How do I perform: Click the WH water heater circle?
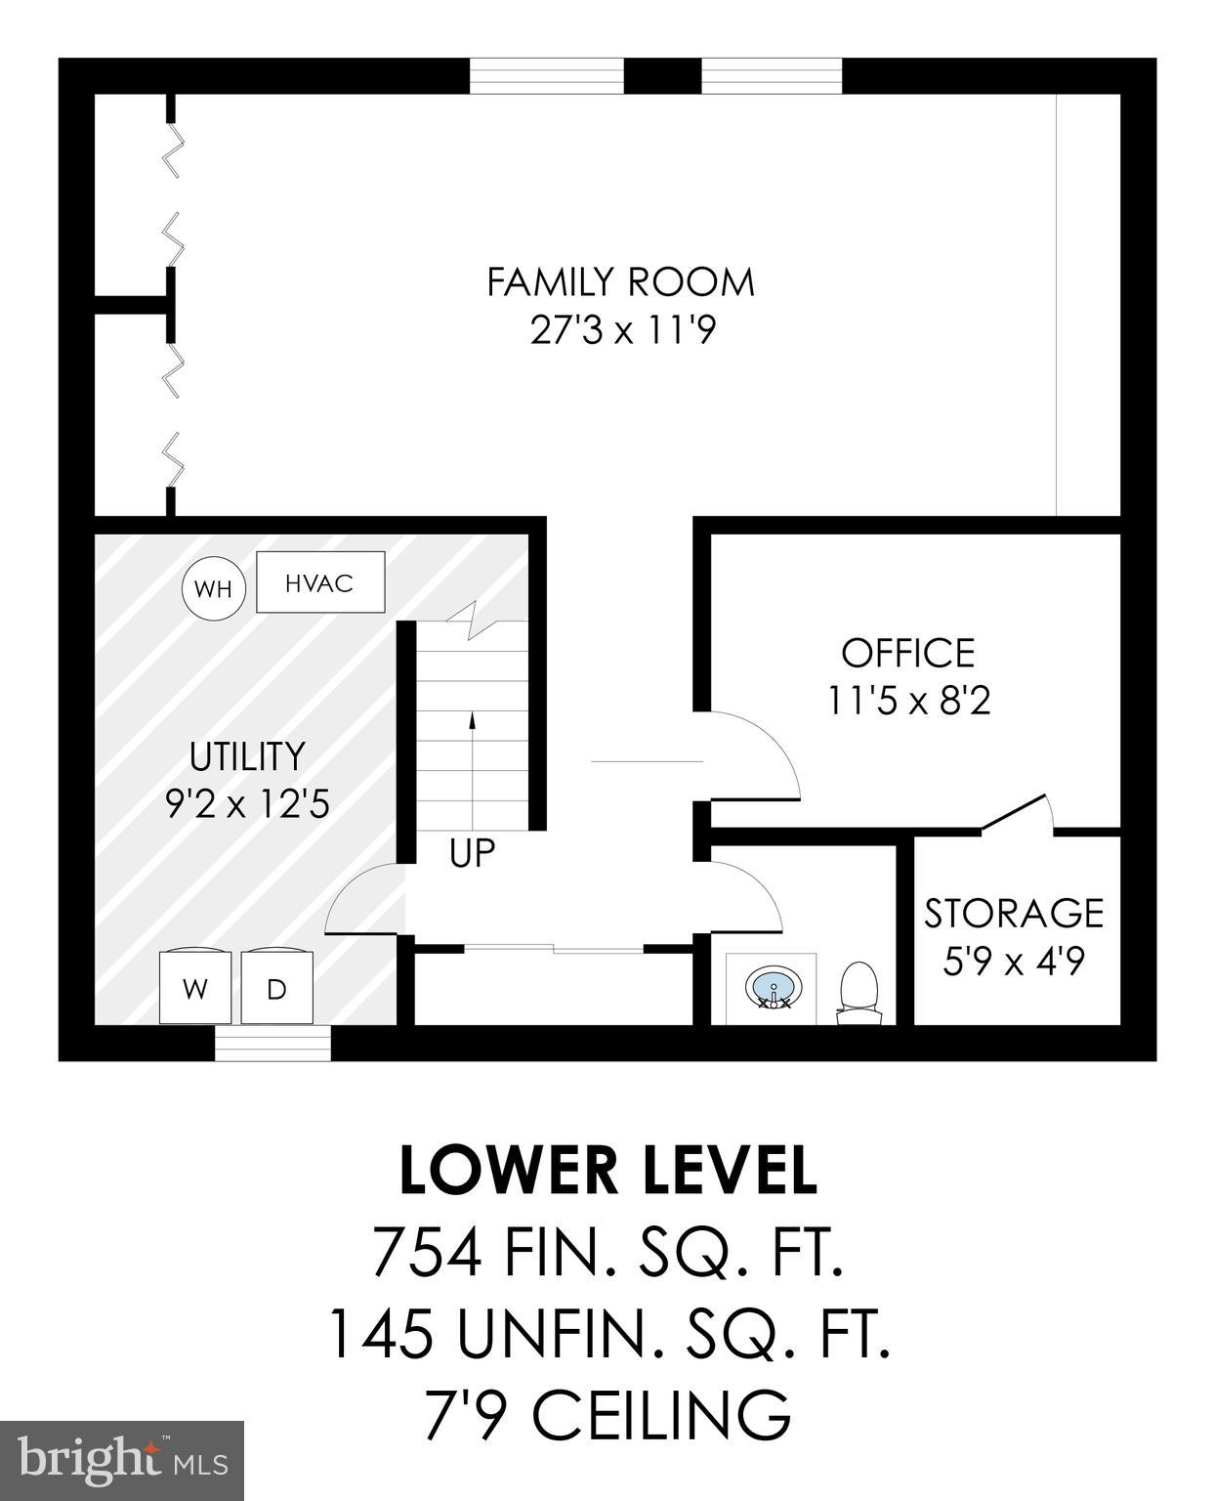212,588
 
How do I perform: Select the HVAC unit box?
320,582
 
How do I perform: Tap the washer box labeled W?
195,988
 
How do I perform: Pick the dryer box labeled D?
277,988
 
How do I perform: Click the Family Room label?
621,282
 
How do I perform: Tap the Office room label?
908,653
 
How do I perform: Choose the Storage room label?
1014,913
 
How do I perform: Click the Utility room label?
247,756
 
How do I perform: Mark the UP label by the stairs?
472,853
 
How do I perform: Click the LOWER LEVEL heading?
607,1170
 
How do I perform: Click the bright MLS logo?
122,1460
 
